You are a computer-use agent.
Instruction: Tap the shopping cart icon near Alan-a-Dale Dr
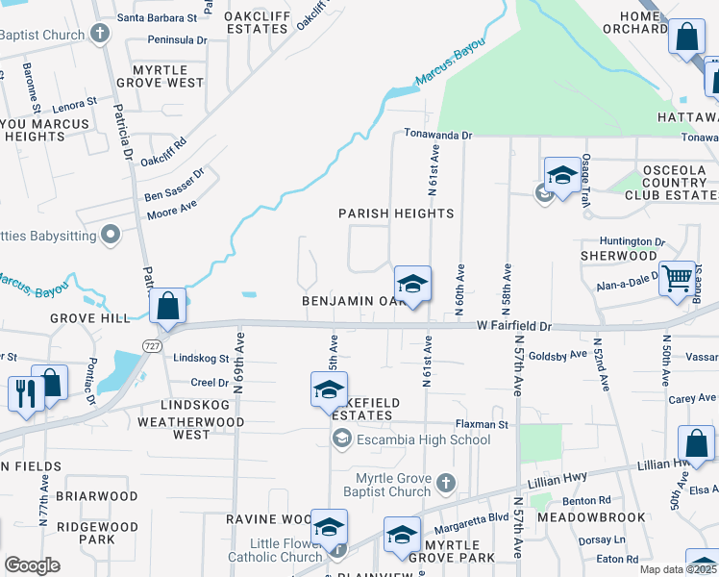[x=677, y=279]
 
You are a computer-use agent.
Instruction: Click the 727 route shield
[x=152, y=345]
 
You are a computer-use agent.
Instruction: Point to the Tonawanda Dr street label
[x=438, y=136]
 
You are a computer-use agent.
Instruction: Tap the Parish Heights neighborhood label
[x=396, y=213]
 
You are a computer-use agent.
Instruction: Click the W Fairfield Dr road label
[x=513, y=327]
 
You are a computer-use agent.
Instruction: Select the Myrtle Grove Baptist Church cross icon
[x=445, y=483]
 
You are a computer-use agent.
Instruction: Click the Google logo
[x=32, y=564]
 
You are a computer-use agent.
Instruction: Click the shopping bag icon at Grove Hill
[x=167, y=307]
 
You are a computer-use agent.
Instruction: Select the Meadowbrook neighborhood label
[x=591, y=517]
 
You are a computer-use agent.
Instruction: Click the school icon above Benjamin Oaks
[x=412, y=284]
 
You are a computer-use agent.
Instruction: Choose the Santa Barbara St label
[x=157, y=17]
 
